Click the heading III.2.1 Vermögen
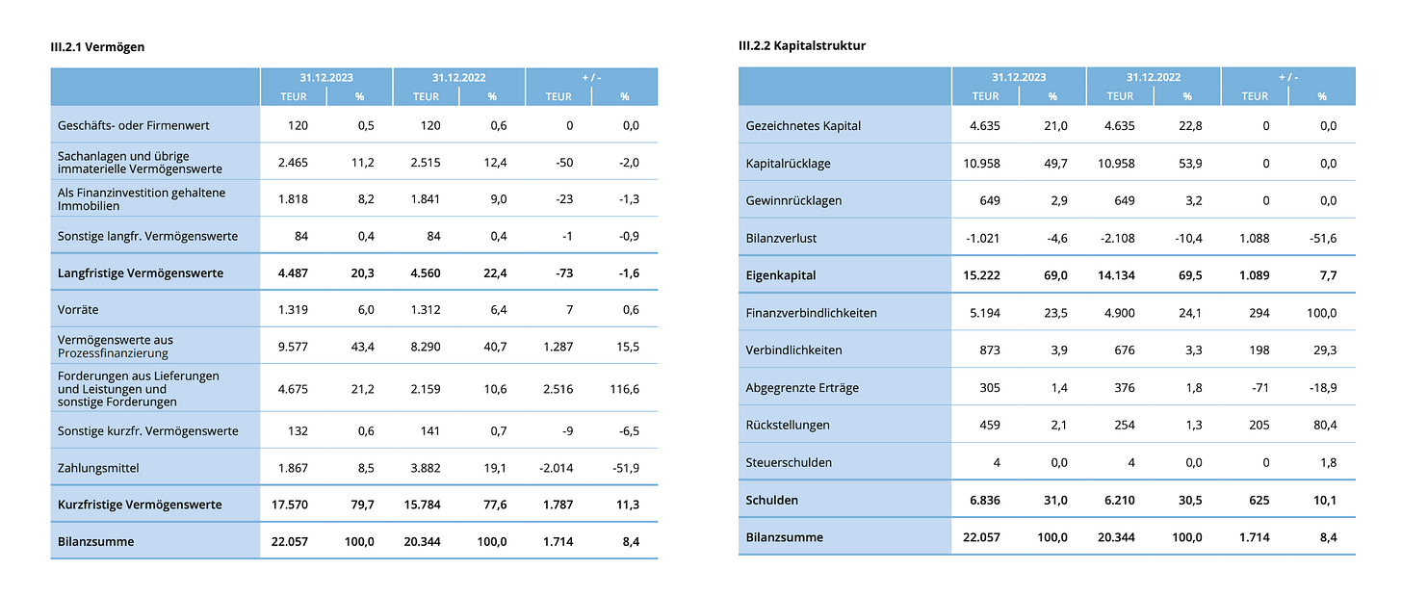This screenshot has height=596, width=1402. [98, 46]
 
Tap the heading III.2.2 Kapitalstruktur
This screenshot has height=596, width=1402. [802, 45]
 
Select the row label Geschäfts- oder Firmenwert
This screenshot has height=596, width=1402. [134, 125]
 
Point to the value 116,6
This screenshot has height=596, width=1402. [624, 389]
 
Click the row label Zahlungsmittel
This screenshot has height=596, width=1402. [98, 468]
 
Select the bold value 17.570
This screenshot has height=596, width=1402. [290, 505]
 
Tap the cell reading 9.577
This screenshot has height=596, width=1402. [292, 346]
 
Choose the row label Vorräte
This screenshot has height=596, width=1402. [78, 310]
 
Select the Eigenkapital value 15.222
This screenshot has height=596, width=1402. [981, 275]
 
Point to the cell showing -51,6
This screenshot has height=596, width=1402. [1321, 238]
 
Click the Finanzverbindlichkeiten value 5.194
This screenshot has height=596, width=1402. [983, 313]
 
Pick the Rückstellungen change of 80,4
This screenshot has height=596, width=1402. [1324, 425]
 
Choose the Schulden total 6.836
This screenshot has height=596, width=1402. [983, 500]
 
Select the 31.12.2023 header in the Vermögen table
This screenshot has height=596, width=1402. [325, 77]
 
